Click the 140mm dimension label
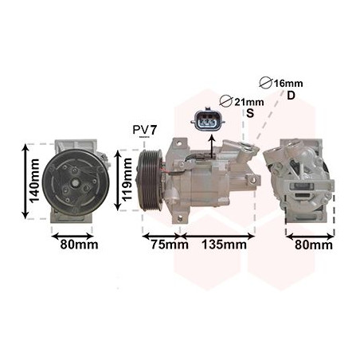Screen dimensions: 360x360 34,181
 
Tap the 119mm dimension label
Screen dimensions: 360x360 127,179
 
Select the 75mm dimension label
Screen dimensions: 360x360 170,245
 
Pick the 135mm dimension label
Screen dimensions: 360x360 225,245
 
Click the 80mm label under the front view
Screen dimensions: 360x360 79,245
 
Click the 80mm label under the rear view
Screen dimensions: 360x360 314,245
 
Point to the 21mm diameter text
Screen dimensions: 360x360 249,102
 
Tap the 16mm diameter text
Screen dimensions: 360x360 288,84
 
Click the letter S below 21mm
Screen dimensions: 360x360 250,113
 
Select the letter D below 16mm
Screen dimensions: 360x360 292,96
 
